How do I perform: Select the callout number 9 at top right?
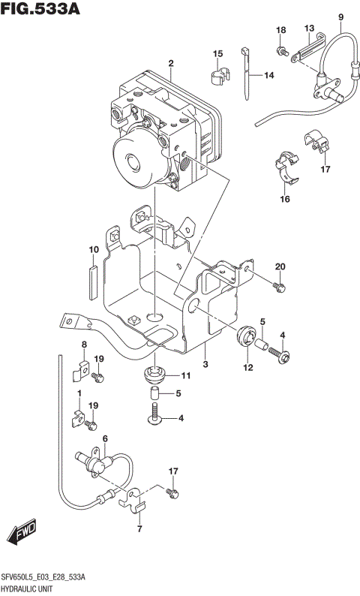click(340, 17)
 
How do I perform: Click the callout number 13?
click(309, 29)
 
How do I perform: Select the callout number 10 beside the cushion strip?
click(94, 249)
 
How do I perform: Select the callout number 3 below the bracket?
click(205, 364)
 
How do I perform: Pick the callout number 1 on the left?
click(79, 393)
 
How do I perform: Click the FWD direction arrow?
click(22, 534)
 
